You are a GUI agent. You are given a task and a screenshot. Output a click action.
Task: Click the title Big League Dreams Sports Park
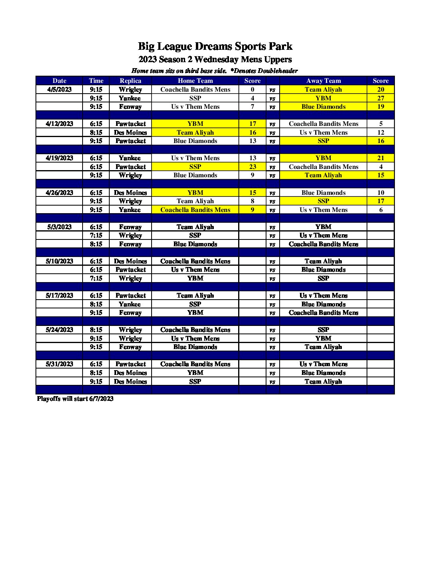215,46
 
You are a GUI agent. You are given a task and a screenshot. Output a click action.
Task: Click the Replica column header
130,80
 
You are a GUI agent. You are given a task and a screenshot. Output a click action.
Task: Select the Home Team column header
195,80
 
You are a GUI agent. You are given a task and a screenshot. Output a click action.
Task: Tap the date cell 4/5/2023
59,89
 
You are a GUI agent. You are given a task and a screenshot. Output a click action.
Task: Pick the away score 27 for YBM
381,98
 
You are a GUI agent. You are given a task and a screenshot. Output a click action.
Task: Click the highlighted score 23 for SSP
253,167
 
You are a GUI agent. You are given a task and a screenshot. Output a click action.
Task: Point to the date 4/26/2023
59,192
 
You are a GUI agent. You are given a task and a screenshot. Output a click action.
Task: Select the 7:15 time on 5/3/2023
96,235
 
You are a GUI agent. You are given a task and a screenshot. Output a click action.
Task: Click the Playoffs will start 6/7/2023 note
75,398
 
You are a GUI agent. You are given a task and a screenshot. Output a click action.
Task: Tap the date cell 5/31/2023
59,364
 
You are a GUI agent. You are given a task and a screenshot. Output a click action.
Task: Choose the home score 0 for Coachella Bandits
253,89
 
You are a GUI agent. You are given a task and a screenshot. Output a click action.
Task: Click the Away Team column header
324,80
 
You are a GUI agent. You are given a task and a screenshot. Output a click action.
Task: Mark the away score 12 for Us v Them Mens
381,132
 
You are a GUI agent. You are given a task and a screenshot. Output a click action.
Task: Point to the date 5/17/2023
59,295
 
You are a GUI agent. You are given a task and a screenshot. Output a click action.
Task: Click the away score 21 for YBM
381,158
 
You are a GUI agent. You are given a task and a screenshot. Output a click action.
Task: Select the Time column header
96,80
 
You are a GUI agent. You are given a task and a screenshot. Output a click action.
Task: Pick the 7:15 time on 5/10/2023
96,278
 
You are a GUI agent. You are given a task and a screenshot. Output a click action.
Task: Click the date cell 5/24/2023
59,330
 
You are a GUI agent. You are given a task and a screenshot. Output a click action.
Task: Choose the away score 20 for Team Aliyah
381,89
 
